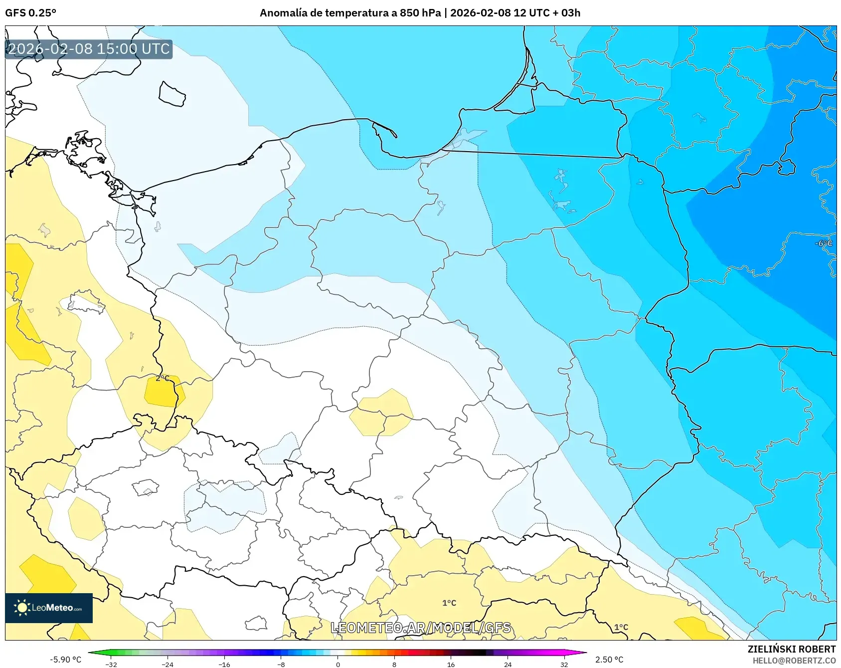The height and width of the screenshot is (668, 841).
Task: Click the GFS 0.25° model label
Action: pos(30,13)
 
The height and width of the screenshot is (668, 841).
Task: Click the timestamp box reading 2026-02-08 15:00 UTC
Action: pos(89,49)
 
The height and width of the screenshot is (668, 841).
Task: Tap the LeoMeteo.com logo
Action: pos(49,608)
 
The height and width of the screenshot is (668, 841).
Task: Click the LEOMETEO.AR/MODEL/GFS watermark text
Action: pos(421,628)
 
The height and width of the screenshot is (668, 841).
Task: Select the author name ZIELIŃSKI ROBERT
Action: pos(791,649)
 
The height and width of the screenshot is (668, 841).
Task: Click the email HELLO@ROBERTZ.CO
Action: pos(794,661)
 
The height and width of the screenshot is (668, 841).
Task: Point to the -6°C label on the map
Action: pos(823,243)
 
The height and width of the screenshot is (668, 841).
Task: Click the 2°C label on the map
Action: pos(163,378)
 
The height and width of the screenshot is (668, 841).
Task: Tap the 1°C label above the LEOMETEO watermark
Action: pos(449,603)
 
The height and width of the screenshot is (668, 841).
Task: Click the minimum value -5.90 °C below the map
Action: pos(65,660)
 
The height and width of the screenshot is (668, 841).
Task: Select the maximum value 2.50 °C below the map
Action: pos(609,660)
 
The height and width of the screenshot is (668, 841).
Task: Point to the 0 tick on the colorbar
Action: pos(338,664)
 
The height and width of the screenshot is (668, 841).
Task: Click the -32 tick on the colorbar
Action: pos(112,664)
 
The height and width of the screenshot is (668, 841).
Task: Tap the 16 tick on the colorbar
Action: pos(451,664)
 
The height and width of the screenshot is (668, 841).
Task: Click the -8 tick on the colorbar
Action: pos(281,664)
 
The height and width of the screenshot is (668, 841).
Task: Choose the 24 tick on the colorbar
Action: pos(507,664)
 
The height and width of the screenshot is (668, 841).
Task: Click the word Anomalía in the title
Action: pos(283,13)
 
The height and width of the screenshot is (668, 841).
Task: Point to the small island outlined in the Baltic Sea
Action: pos(172,94)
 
